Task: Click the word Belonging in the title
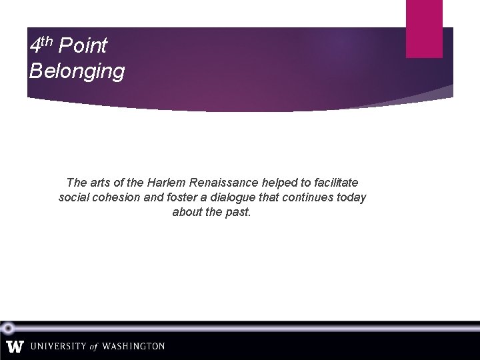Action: [x=77, y=71]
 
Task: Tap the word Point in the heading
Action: [x=83, y=46]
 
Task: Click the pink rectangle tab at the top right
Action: [x=424, y=28]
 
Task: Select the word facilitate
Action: [x=335, y=183]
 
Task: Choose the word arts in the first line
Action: [x=100, y=183]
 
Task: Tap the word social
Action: [x=76, y=198]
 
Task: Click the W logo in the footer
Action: [x=15, y=347]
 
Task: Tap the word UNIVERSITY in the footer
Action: [x=59, y=347]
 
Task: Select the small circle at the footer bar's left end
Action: [x=8, y=328]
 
